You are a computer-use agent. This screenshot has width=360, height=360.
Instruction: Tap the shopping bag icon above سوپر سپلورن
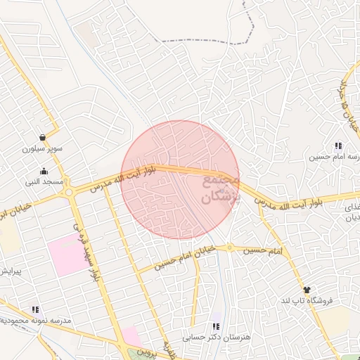[x=43, y=137]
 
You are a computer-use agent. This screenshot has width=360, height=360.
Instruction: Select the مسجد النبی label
[x=44, y=182]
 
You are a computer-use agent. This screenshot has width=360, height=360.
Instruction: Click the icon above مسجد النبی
[x=44, y=171]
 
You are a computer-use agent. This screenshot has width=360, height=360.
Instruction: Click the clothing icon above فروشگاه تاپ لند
[x=306, y=289]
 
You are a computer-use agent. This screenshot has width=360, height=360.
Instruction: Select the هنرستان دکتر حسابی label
[x=216, y=337]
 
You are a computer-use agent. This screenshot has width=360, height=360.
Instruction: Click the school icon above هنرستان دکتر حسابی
[x=216, y=326]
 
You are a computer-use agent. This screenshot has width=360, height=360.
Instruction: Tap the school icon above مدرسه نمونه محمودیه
[x=35, y=309]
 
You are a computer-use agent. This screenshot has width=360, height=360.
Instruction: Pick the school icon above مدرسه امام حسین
[x=338, y=146]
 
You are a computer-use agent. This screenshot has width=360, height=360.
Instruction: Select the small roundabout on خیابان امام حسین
[x=229, y=247]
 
